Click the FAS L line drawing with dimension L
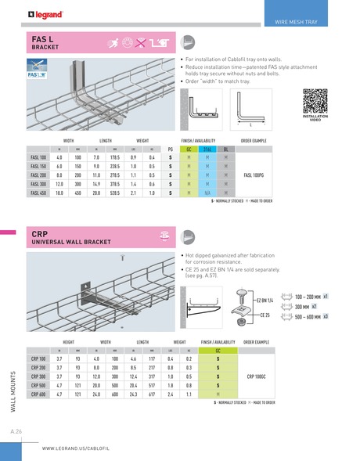point(249,107)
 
